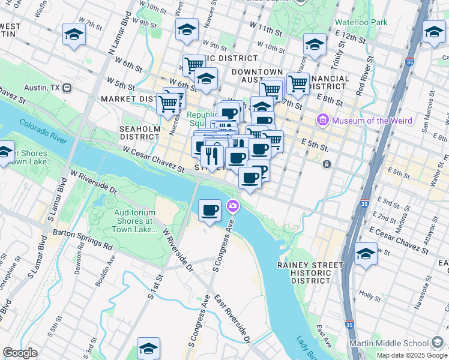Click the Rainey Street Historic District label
click(310, 272)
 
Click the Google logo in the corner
click(20, 352)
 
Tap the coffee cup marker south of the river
click(209, 211)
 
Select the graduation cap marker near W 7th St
click(74, 34)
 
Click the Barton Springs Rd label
click(83, 238)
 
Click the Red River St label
click(364, 77)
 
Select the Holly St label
click(373, 296)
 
